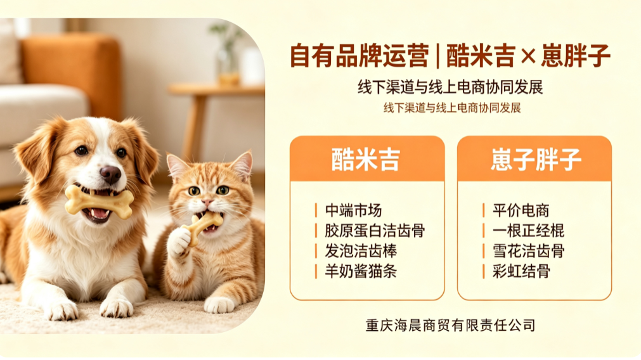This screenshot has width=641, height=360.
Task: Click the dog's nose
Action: tap(110, 174)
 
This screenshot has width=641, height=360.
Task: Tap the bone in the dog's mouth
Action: tap(100, 202)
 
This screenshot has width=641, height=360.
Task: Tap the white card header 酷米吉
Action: tap(365, 159)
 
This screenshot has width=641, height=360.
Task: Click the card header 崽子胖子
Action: tap(536, 159)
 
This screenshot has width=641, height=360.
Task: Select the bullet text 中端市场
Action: tap(353, 210)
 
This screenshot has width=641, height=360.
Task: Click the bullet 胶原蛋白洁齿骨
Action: tap(375, 231)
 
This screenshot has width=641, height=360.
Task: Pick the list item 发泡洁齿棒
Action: tap(361, 251)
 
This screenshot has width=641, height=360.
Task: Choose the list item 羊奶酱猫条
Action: tap(361, 271)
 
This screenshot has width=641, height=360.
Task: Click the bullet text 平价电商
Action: tap(521, 210)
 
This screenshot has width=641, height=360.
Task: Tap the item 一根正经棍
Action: tap(528, 231)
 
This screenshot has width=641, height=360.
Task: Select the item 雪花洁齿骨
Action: tap(528, 251)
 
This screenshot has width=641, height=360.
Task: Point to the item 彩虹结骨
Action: tap(521, 271)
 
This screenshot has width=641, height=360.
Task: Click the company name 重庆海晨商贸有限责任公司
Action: tap(451, 325)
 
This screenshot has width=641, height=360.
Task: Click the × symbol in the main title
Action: tap(528, 56)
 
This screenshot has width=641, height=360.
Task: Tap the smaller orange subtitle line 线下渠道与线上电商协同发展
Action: tap(452, 108)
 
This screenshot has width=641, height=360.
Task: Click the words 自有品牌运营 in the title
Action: tap(359, 56)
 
